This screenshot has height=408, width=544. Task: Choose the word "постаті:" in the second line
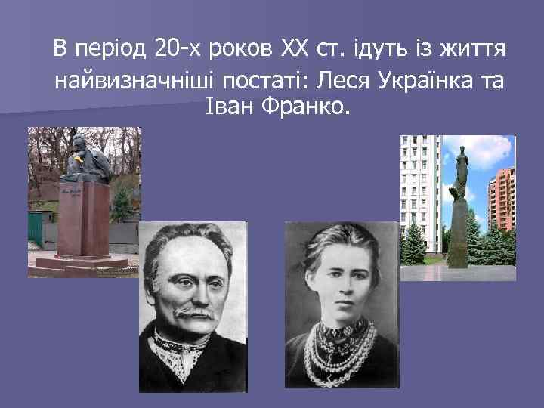[258, 80]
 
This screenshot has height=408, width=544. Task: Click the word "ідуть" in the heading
[382, 51]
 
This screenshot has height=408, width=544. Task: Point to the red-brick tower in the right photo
[502, 200]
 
